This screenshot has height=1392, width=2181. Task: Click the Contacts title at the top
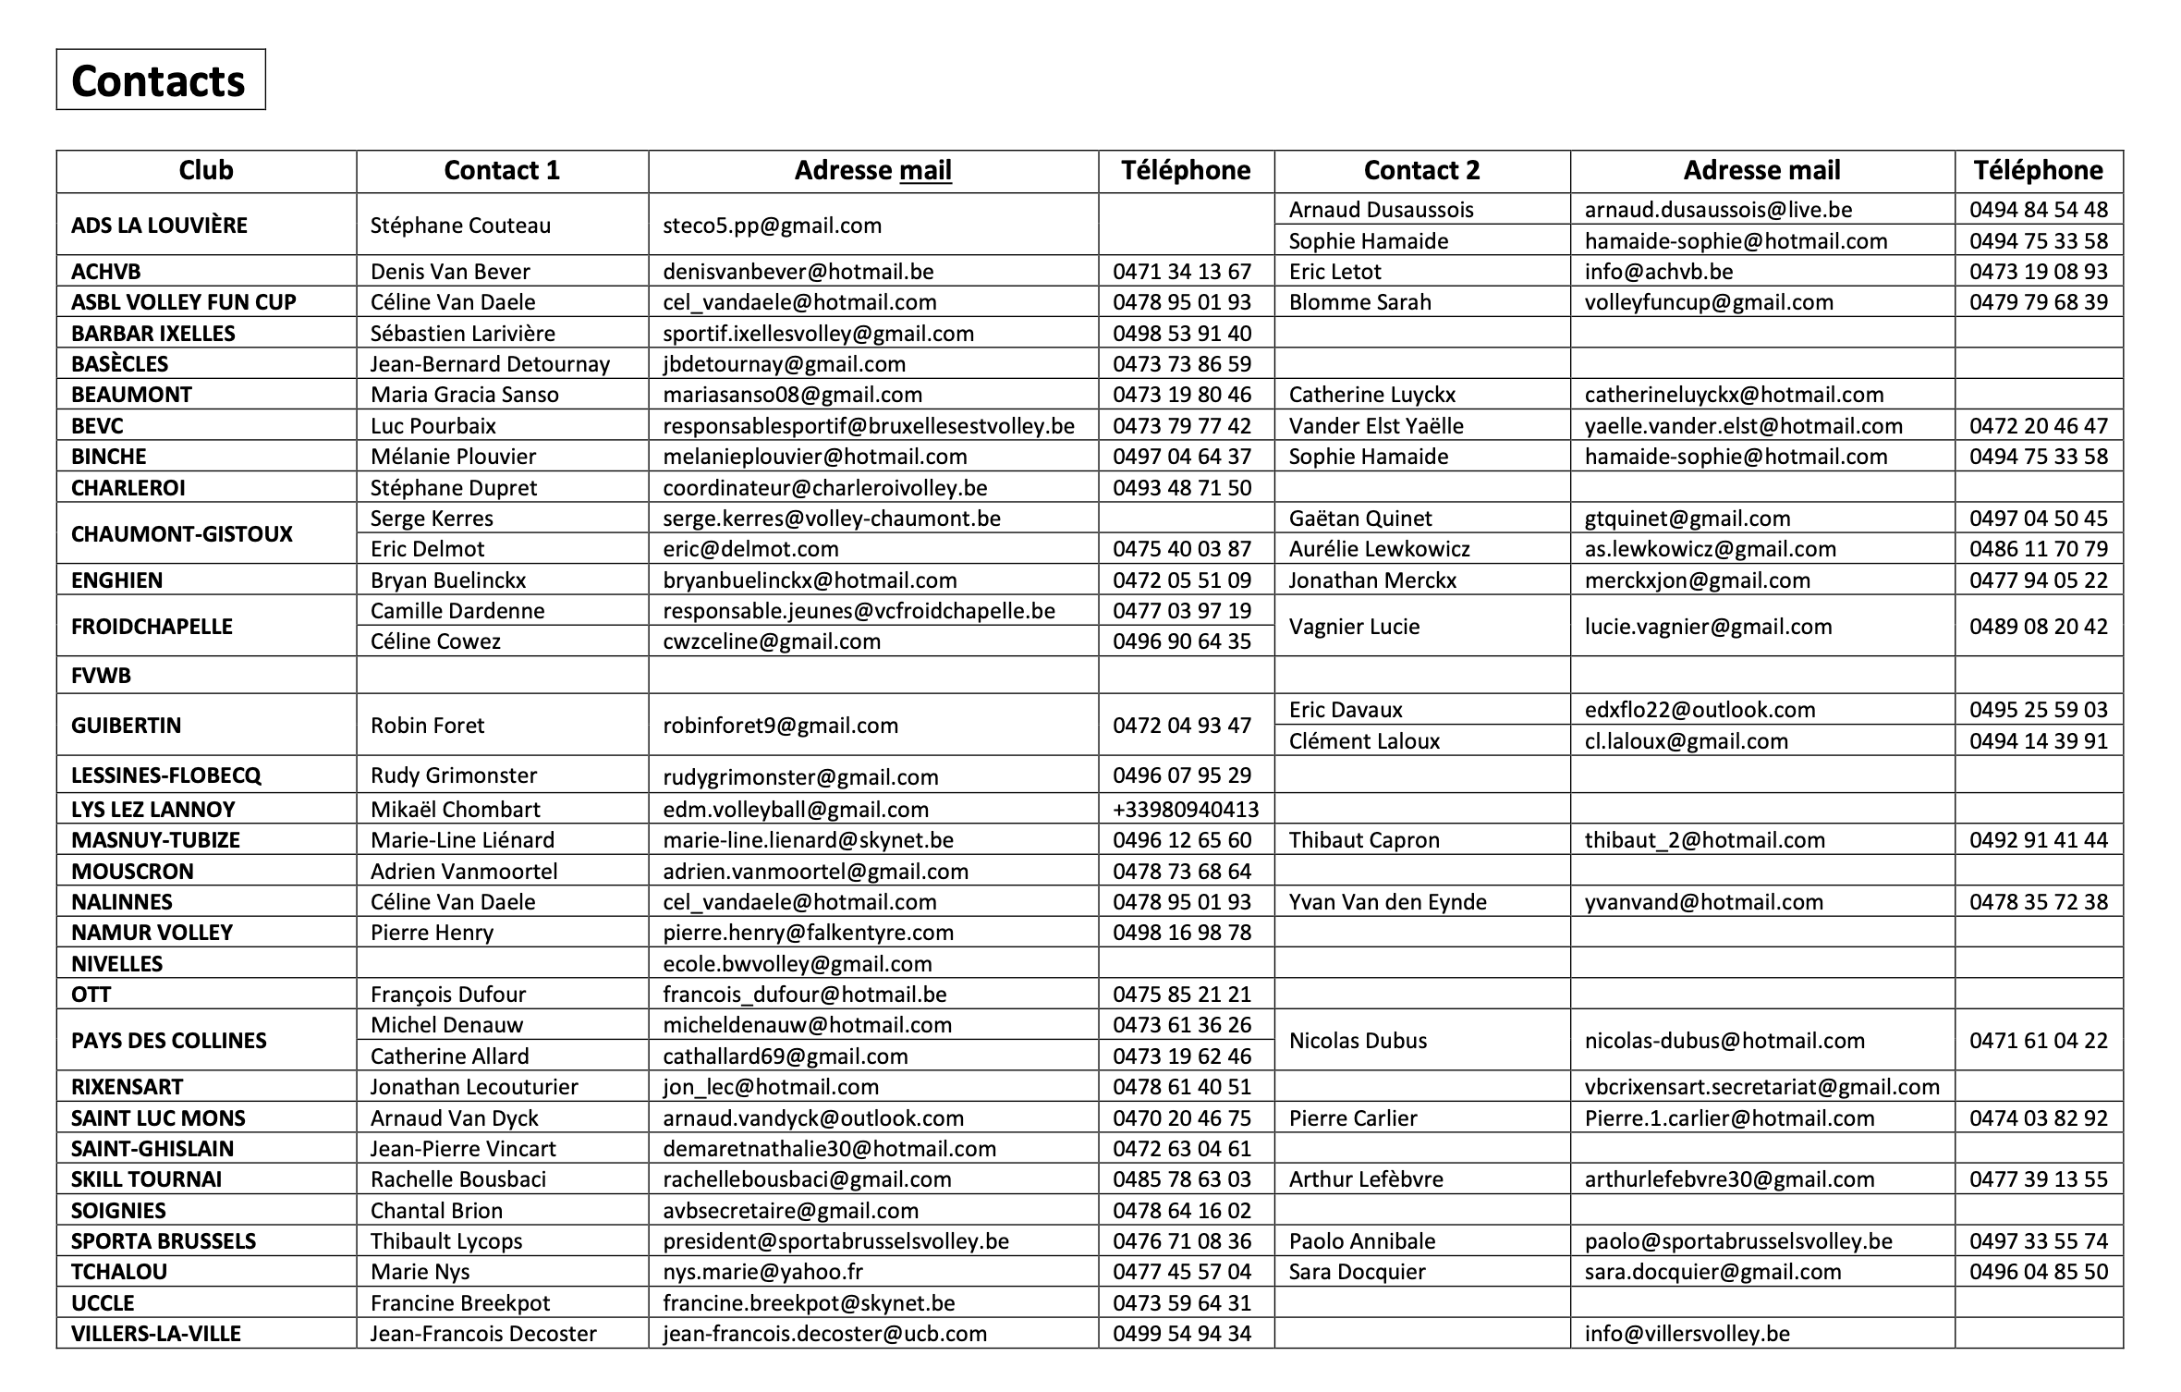(159, 81)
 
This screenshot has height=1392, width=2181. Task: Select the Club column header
(205, 171)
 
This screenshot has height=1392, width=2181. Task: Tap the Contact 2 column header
(1421, 171)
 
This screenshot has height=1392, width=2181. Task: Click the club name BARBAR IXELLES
(153, 334)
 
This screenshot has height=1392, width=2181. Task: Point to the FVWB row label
(101, 676)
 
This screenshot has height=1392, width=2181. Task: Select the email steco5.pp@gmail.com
(772, 226)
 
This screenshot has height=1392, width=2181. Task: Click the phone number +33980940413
(1186, 810)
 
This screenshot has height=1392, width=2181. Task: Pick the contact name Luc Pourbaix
(433, 426)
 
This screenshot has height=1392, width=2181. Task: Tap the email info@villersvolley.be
(1687, 1334)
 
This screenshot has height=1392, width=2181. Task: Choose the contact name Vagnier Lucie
(1354, 627)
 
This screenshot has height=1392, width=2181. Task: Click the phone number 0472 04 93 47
(1182, 726)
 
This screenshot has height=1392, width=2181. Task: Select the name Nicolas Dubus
(1358, 1041)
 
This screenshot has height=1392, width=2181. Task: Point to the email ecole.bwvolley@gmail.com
(797, 964)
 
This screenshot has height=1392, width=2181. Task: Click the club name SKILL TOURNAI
(146, 1179)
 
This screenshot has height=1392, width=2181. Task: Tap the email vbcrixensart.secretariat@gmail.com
(1761, 1087)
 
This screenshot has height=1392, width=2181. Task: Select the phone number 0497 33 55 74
(2038, 1241)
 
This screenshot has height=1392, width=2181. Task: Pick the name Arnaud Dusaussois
(1381, 210)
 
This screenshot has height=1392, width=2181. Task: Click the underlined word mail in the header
(925, 171)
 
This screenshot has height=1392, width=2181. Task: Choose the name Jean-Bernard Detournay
(490, 364)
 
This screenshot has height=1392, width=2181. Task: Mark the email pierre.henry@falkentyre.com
(808, 933)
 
